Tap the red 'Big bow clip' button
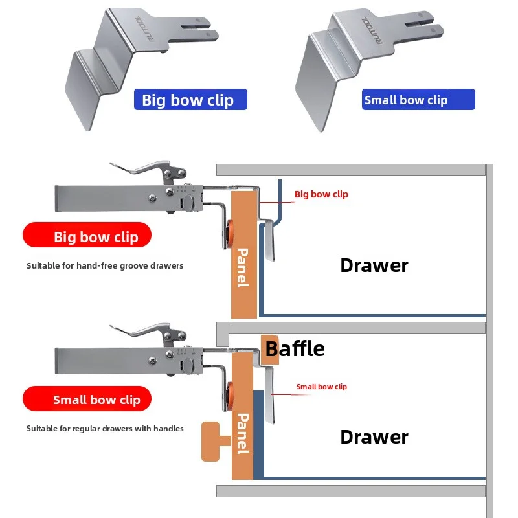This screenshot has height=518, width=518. click(x=87, y=236)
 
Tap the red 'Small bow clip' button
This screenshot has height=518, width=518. click(x=87, y=400)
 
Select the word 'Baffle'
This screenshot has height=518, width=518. click(x=295, y=349)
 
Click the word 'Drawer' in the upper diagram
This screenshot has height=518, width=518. click(x=374, y=265)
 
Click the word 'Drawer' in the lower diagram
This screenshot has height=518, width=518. click(x=374, y=436)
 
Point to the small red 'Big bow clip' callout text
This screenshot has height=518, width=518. click(x=321, y=194)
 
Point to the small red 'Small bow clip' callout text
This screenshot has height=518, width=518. click(x=322, y=387)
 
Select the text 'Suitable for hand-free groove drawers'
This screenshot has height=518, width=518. click(x=105, y=265)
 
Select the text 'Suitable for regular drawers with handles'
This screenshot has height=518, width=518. click(x=105, y=428)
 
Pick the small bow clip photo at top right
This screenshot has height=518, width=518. click(x=363, y=65)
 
